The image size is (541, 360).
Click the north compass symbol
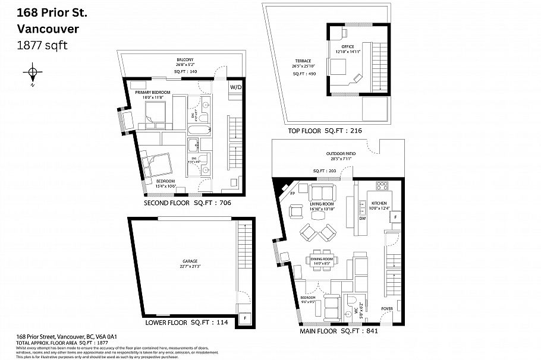(x=32, y=74)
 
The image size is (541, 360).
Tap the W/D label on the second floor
(x=236, y=87)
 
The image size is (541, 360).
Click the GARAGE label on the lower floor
(x=190, y=261)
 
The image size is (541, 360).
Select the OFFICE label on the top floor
(x=347, y=46)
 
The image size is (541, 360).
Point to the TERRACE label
(x=303, y=61)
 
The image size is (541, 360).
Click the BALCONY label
(x=184, y=59)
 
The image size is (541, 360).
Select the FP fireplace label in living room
(x=292, y=193)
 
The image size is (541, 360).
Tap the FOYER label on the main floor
(x=387, y=309)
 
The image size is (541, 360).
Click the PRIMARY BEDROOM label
(x=153, y=93)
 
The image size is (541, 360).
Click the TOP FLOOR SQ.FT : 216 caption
(x=325, y=131)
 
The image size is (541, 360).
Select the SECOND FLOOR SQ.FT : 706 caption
(x=187, y=203)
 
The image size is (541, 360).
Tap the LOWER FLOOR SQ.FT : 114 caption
(x=188, y=323)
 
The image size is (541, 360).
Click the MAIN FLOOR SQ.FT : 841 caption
(x=339, y=330)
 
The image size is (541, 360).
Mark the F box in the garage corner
(x=243, y=318)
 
